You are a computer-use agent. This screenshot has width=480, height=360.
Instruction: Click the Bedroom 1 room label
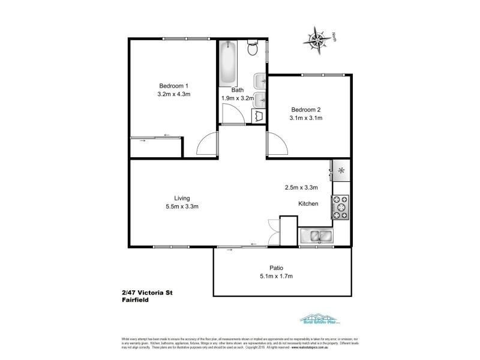tap(173, 85)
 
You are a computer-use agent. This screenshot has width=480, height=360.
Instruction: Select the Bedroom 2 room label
tap(306, 109)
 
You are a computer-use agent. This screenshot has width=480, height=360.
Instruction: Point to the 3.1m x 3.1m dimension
tap(306, 118)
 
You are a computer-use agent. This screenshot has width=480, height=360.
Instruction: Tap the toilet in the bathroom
tap(253, 48)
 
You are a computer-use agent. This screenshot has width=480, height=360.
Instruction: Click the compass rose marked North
tap(316, 40)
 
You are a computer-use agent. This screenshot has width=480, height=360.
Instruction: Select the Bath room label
tap(238, 90)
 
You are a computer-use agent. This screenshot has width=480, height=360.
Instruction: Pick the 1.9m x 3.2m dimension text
tap(238, 98)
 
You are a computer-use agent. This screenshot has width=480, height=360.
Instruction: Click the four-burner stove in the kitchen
tap(341, 207)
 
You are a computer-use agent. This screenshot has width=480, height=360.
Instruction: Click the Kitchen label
tap(308, 204)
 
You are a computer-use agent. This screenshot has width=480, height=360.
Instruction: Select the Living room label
tap(182, 198)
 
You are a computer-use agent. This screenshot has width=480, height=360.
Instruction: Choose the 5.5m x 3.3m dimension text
tap(182, 206)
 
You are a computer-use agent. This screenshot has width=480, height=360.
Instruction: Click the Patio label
tap(276, 268)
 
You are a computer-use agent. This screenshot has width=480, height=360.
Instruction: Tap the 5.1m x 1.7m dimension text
tap(276, 277)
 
